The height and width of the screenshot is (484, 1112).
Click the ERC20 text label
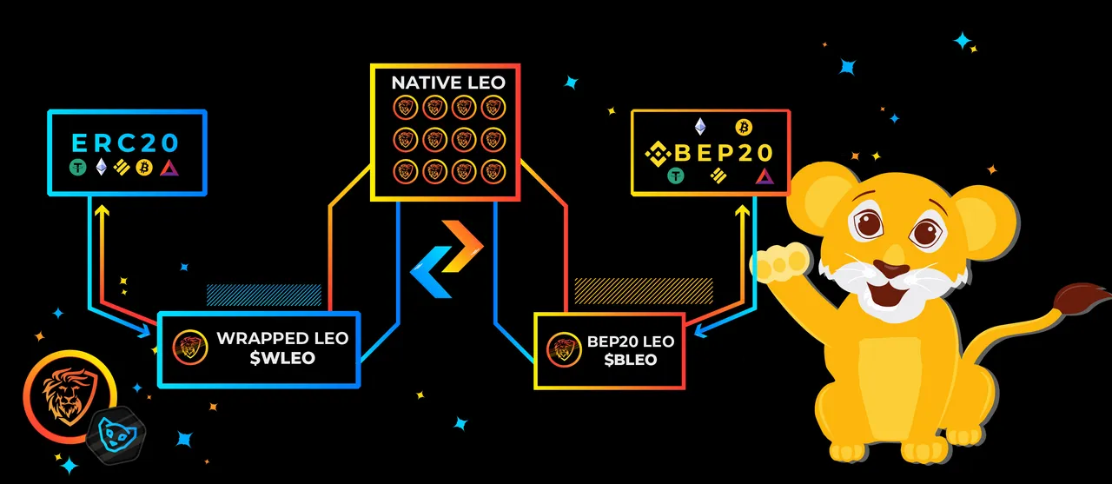tap(125, 143)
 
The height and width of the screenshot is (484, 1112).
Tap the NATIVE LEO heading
tap(448, 83)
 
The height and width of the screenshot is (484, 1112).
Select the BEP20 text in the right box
tap(723, 153)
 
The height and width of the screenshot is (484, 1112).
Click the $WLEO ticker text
tap(282, 358)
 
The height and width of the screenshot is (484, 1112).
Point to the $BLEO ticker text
tap(631, 360)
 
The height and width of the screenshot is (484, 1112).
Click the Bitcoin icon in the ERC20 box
tap(144, 168)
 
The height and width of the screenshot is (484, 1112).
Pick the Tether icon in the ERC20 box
tap(78, 168)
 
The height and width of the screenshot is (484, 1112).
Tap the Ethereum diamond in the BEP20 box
tap(700, 127)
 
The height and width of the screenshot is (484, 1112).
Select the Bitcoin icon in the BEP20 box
tap(744, 128)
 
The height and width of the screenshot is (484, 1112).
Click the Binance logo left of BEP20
tap(659, 154)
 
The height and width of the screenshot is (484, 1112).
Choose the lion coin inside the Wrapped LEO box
tap(190, 348)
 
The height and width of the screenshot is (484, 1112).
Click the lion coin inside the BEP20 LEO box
tap(565, 349)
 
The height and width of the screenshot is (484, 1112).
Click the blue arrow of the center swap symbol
tap(431, 272)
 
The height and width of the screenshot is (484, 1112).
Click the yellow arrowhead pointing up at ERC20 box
tap(102, 211)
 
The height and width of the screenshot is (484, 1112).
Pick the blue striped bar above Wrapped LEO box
tap(264, 295)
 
